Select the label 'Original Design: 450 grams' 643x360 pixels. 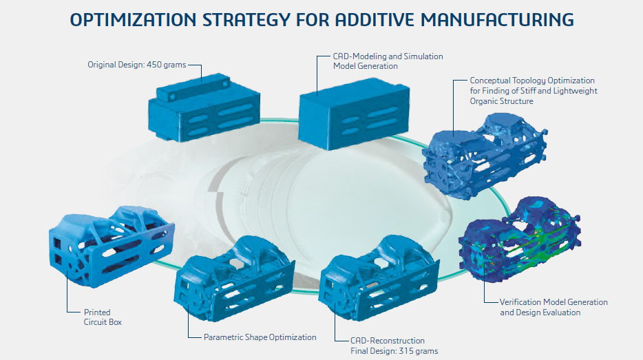pyautogui.click(x=136, y=65)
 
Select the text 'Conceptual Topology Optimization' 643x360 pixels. pyautogui.click(x=532, y=81)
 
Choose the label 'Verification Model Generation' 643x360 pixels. pyautogui.click(x=554, y=302)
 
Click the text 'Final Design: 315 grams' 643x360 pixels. pyautogui.click(x=394, y=351)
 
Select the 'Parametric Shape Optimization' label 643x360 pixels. pyautogui.click(x=260, y=337)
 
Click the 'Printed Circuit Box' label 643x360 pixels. pyautogui.click(x=97, y=317)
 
